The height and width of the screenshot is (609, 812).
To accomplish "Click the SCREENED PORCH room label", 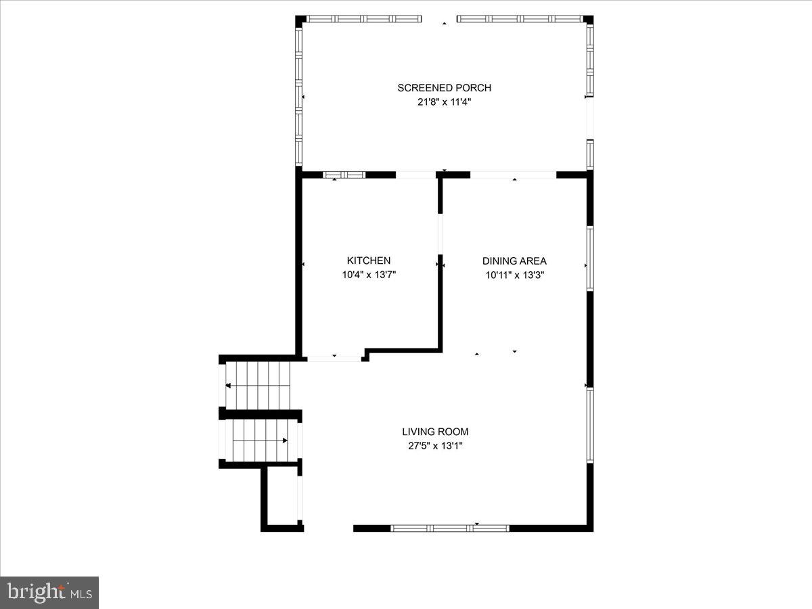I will pyautogui.click(x=444, y=87).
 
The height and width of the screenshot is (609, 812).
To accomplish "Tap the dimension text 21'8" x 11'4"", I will pyautogui.click(x=444, y=102).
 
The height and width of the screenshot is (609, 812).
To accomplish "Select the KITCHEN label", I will pyautogui.click(x=369, y=261).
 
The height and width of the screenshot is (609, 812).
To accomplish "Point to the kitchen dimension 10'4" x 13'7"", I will pyautogui.click(x=369, y=275).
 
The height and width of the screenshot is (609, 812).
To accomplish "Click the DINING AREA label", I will pyautogui.click(x=514, y=261).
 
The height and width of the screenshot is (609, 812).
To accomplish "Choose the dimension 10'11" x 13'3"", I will pyautogui.click(x=514, y=275).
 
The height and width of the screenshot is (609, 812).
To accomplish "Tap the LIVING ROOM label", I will pyautogui.click(x=435, y=432).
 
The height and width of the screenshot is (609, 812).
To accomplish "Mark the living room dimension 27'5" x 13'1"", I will pyautogui.click(x=435, y=447).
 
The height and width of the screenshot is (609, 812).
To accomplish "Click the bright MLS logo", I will pyautogui.click(x=49, y=593).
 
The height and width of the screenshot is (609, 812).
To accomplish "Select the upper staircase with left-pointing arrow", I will pyautogui.click(x=257, y=385).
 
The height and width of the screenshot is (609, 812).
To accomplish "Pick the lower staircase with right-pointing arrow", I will pyautogui.click(x=261, y=441).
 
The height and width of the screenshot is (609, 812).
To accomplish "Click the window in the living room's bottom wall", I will pyautogui.click(x=450, y=528).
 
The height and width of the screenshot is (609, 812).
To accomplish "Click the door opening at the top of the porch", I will pyautogui.click(x=439, y=20).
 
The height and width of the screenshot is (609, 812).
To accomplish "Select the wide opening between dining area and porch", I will pyautogui.click(x=514, y=175).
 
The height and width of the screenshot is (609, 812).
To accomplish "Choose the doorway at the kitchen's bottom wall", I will pyautogui.click(x=334, y=359).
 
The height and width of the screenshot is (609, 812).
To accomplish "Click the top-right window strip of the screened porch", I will pyautogui.click(x=520, y=19).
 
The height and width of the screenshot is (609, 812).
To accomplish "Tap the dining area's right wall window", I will pyautogui.click(x=589, y=258).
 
